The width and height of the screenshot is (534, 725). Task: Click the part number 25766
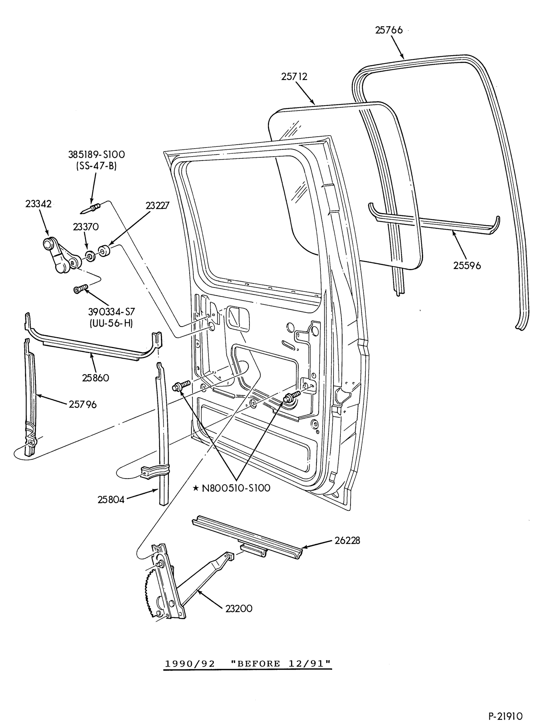click(x=389, y=30)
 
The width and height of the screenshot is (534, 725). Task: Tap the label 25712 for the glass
click(x=294, y=76)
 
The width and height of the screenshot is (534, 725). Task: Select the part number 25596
click(x=467, y=265)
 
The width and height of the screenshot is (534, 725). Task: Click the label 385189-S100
click(x=96, y=154)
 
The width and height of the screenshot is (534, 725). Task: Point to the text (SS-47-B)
click(x=96, y=167)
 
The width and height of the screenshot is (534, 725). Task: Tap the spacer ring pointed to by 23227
click(x=104, y=251)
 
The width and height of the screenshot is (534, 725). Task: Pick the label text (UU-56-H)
click(x=111, y=323)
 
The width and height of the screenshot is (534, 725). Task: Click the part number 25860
click(x=95, y=378)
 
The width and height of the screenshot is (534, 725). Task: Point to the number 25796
click(x=83, y=404)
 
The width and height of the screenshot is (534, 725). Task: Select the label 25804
click(x=111, y=500)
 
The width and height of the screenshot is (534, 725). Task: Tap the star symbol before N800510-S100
click(x=195, y=488)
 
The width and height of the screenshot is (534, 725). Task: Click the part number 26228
click(x=347, y=540)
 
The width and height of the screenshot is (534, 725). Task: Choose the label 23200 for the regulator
click(x=239, y=608)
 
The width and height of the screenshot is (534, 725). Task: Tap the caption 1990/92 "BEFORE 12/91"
click(x=248, y=663)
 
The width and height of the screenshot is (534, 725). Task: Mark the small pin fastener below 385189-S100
click(x=90, y=209)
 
